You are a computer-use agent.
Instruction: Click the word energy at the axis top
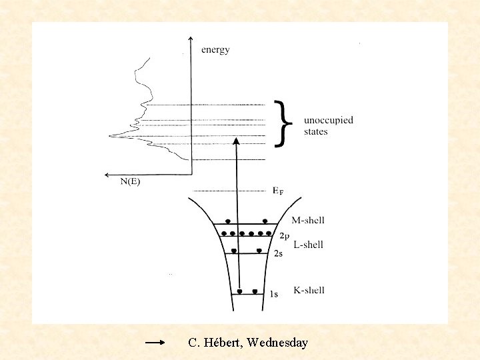tap(215, 50)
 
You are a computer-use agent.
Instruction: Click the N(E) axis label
tap(130, 182)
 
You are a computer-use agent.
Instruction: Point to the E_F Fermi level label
tap(278, 190)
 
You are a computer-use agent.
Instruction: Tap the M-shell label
tap(308, 221)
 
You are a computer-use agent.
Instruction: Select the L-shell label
tap(308, 245)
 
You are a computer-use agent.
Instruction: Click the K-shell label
tap(309, 290)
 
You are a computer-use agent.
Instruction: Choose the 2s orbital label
tap(279, 253)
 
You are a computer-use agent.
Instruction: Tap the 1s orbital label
tap(274, 294)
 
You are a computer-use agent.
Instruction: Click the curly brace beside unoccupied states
tap(283, 123)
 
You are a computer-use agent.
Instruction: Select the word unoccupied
tap(329, 121)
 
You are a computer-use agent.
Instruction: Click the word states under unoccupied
tap(315, 132)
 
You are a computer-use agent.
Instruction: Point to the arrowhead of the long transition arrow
tap(236, 141)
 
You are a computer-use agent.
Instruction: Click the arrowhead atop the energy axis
tap(191, 38)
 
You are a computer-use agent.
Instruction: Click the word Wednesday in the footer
tap(277, 343)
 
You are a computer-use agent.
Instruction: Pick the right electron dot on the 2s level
tap(259, 251)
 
